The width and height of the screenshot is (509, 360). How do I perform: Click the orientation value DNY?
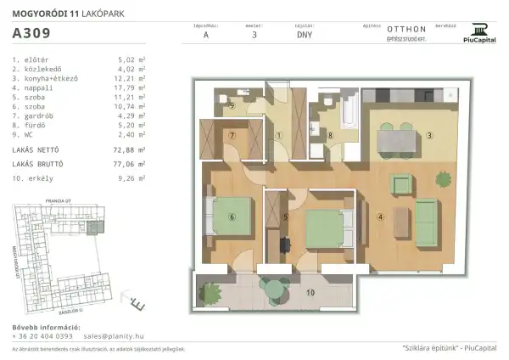[x=304, y=37]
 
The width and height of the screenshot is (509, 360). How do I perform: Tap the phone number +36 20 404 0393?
[x=42, y=335]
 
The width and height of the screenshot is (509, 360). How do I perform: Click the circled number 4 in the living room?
[x=381, y=216]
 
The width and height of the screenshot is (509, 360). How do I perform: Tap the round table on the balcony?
[x=271, y=290]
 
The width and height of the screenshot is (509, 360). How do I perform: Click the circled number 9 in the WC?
[x=232, y=106]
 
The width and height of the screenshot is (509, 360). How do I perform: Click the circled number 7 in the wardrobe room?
[x=230, y=135]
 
